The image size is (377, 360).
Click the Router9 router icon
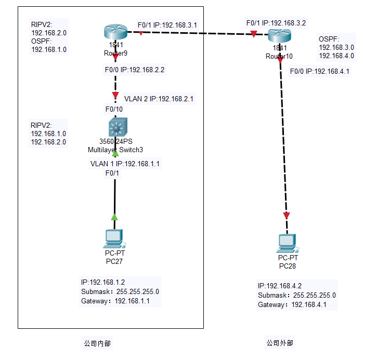tap(115, 33)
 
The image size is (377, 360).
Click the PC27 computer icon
tap(114, 238)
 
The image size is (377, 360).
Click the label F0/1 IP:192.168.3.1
tap(167, 25)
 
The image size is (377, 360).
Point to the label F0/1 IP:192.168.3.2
tap(276, 23)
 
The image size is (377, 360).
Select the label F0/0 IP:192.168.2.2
tap(135, 69)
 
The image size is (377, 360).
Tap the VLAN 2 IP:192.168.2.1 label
tap(159, 98)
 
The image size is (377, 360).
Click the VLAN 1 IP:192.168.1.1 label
tap(125, 164)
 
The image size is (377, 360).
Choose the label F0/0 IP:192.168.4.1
tap(319, 71)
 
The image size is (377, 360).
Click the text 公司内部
tap(97, 343)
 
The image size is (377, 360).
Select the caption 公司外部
tap(280, 343)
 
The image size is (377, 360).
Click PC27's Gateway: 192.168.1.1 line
tap(115, 301)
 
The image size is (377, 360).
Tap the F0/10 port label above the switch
tap(114, 109)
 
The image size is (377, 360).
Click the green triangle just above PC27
tap(114, 216)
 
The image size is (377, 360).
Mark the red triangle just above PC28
tap(286, 216)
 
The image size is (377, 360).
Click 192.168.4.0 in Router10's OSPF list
tap(336, 56)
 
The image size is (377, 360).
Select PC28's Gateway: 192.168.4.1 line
tap(292, 305)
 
